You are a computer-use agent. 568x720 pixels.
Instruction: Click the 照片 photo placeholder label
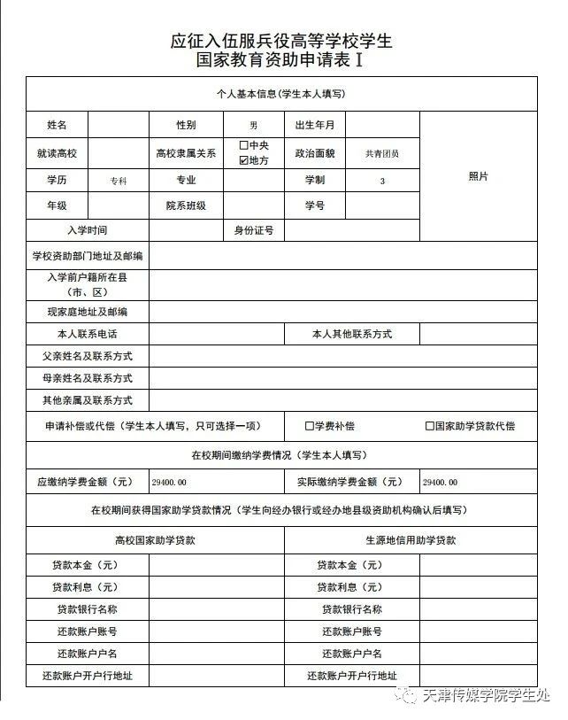pyautogui.click(x=478, y=176)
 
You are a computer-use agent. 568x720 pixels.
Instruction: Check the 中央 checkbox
pyautogui.click(x=244, y=145)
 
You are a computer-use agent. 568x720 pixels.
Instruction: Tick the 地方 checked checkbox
pyautogui.click(x=244, y=161)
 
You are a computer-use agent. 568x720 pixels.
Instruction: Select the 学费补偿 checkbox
pyautogui.click(x=310, y=426)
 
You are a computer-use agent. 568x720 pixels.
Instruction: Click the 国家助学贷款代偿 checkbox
pyautogui.click(x=429, y=426)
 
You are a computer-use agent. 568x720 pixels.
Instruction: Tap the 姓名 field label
pyautogui.click(x=57, y=126)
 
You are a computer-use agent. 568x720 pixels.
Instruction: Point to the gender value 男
pyautogui.click(x=253, y=127)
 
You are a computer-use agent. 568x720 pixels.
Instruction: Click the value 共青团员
pyautogui.click(x=381, y=153)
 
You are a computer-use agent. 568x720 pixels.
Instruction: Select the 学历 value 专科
pyautogui.click(x=119, y=181)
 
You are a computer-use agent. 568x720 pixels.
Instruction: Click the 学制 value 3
pyautogui.click(x=382, y=181)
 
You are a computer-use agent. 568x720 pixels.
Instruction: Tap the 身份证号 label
pyautogui.click(x=253, y=230)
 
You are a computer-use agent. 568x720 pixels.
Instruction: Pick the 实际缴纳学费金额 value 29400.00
pyautogui.click(x=440, y=483)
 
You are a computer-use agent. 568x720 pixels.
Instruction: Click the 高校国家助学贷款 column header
pyautogui.click(x=155, y=539)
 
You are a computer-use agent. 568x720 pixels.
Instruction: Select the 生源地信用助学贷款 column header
pyautogui.click(x=411, y=539)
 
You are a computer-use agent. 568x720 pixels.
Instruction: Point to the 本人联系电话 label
pyautogui.click(x=87, y=334)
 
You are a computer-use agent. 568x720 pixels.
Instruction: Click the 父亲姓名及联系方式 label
pyautogui.click(x=87, y=356)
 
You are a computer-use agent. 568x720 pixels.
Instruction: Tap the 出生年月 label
pyautogui.click(x=314, y=126)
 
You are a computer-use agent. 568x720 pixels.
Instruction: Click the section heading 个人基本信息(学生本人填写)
pyautogui.click(x=280, y=93)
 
